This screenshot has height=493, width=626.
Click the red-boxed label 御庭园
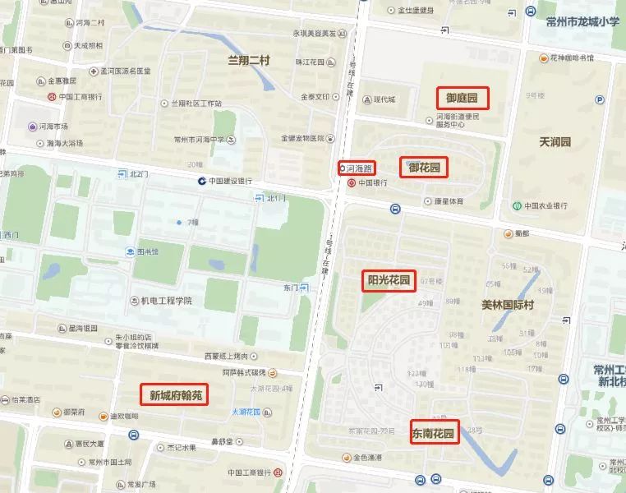[463, 99]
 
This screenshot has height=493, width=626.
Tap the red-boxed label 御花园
[424, 168]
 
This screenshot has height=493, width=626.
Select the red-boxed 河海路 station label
[357, 168]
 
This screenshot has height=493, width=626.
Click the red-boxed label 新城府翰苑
[173, 395]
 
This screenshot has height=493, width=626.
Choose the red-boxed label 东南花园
[434, 432]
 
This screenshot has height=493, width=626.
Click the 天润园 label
[555, 142]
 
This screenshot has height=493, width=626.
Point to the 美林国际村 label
[508, 304]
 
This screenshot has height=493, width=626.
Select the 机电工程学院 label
[165, 301]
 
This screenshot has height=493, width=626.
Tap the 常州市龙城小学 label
[582, 21]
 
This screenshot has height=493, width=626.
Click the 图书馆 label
[148, 251]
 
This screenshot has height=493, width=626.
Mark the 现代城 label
[384, 100]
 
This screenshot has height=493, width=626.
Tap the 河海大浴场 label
[65, 142]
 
